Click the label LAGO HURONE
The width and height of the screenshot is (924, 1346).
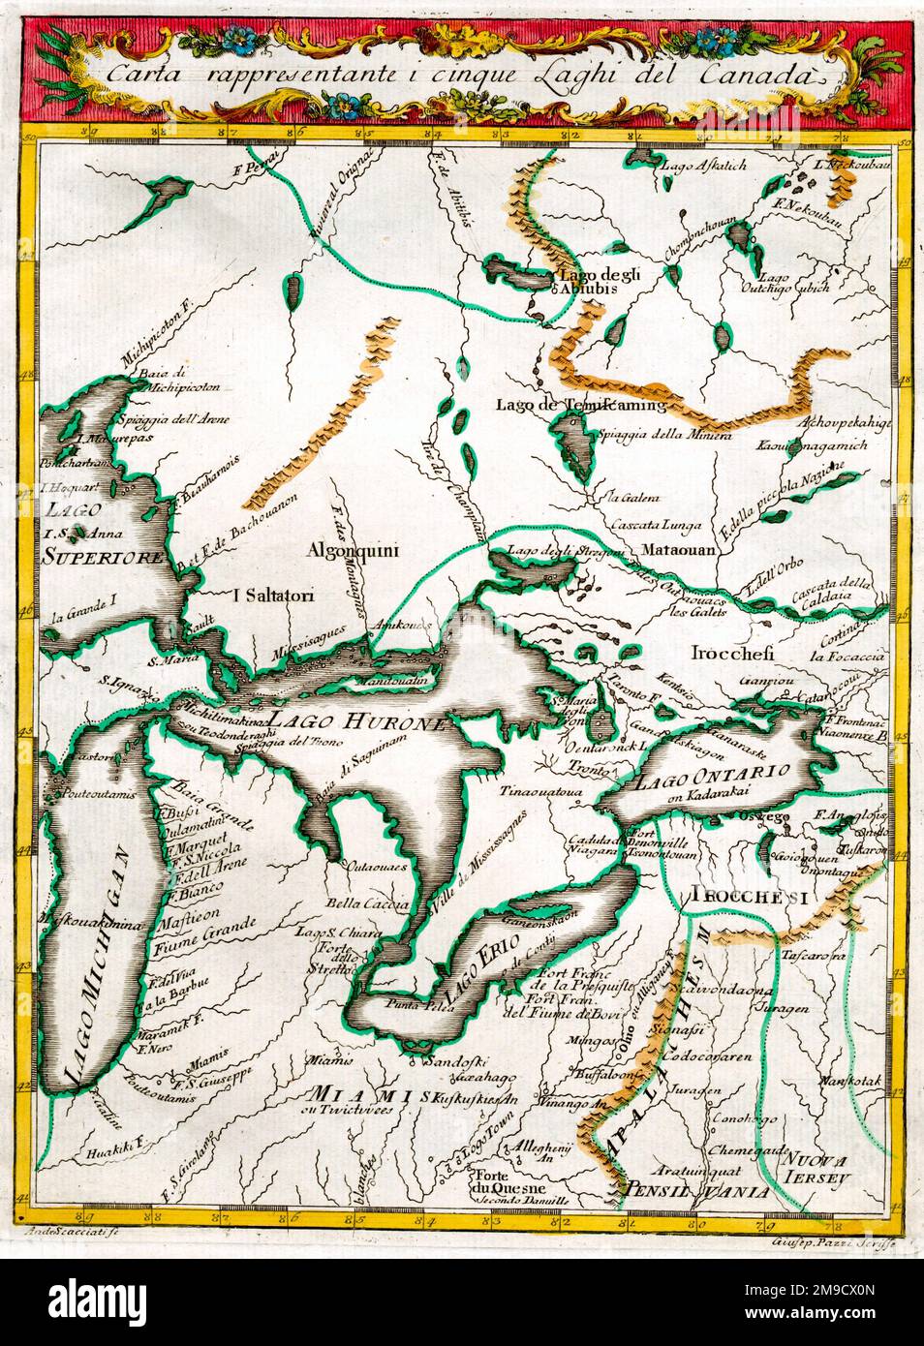pyautogui.click(x=355, y=721)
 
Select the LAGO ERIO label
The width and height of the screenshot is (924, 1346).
pyautogui.click(x=477, y=972)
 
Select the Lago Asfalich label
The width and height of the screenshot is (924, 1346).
pyautogui.click(x=703, y=166)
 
